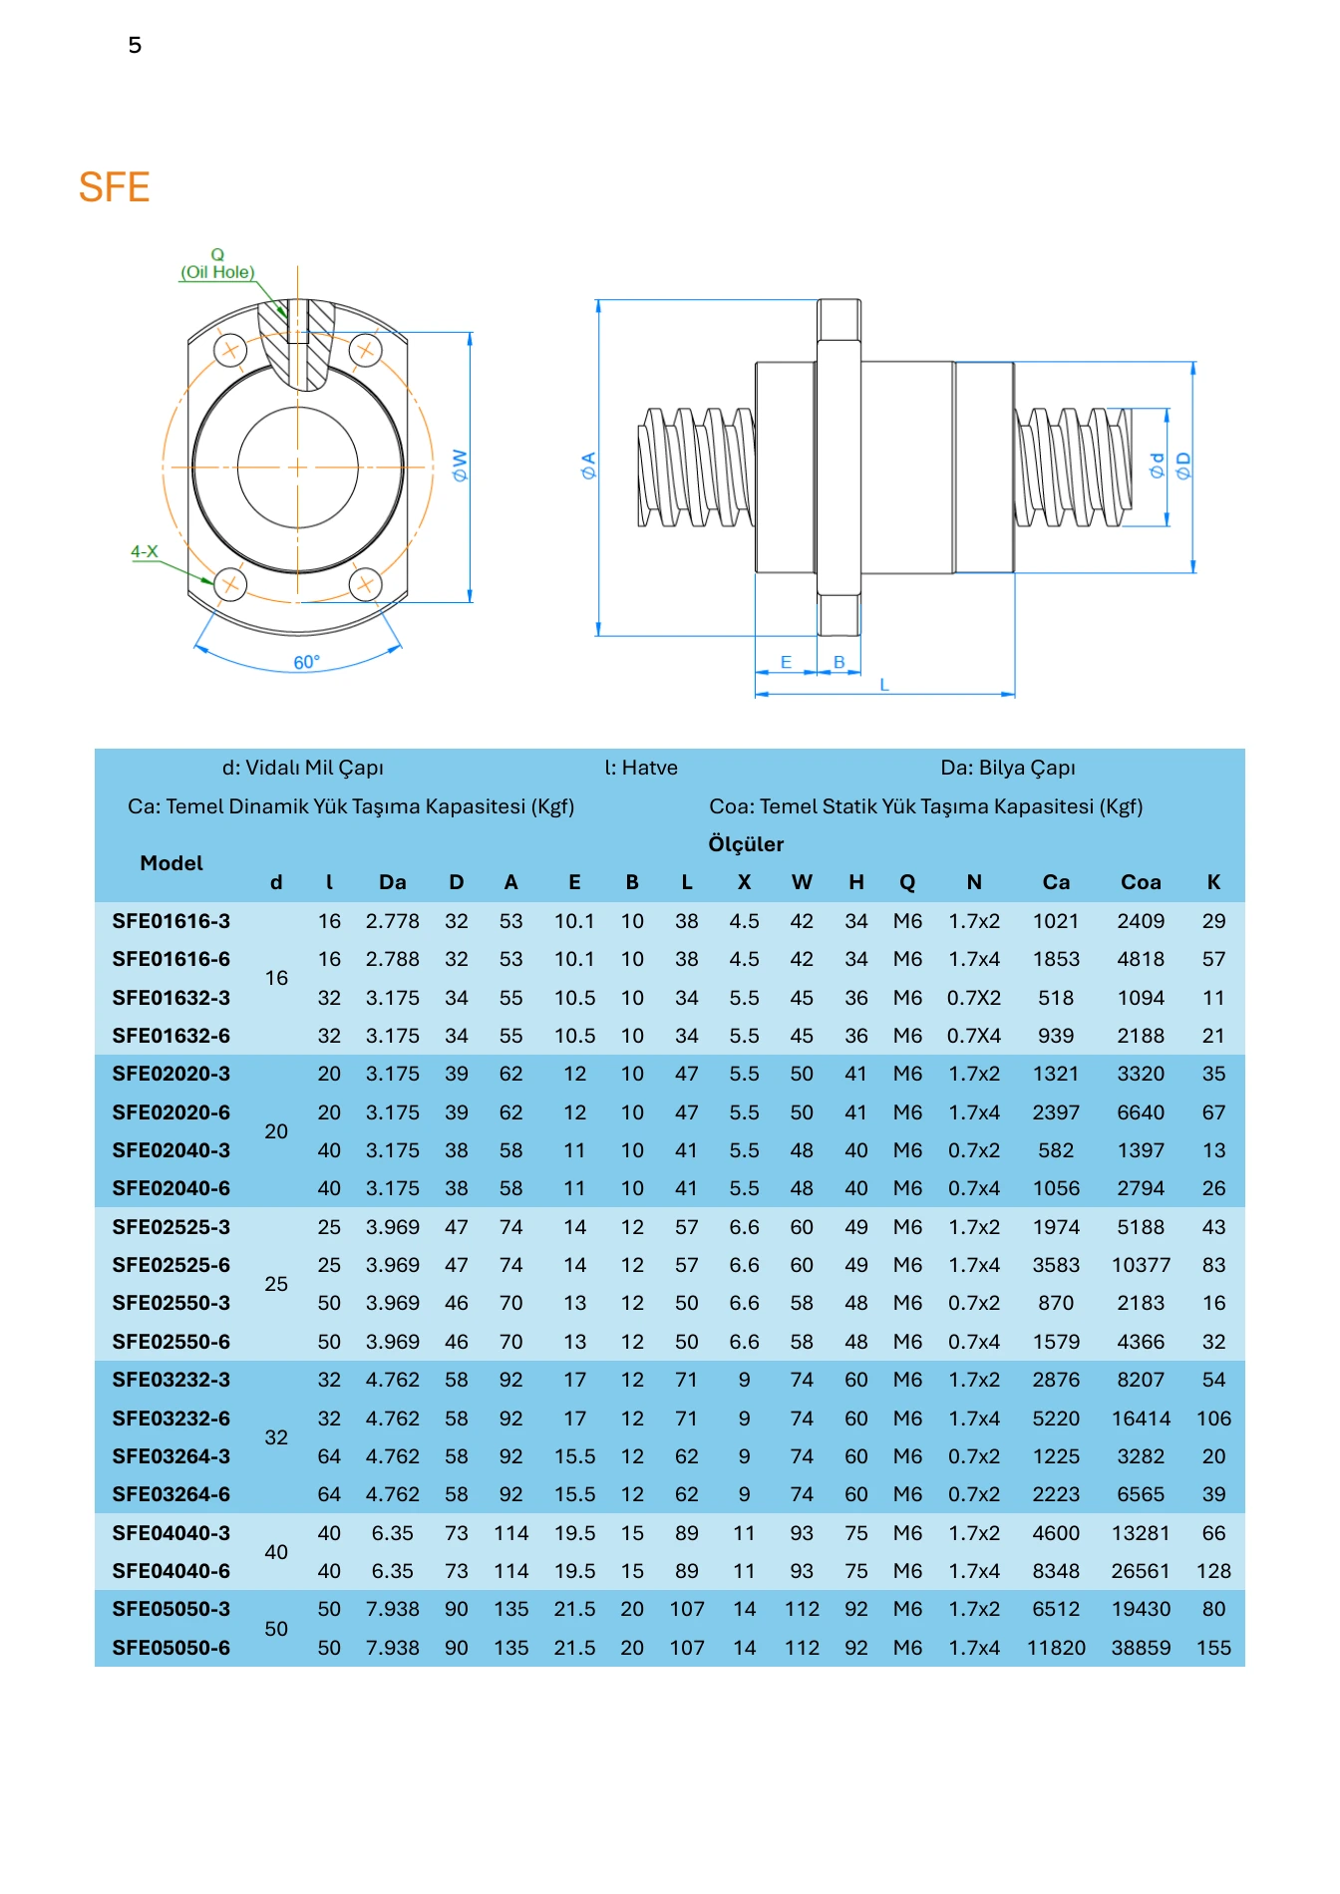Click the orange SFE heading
click(x=114, y=187)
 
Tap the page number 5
click(x=135, y=45)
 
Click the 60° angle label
click(x=307, y=663)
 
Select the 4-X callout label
click(x=145, y=551)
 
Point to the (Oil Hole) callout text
click(x=217, y=272)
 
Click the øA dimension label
click(x=588, y=466)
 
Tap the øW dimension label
click(x=460, y=466)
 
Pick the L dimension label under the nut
click(x=884, y=685)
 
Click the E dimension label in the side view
click(x=786, y=662)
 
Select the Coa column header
click(x=1141, y=882)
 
